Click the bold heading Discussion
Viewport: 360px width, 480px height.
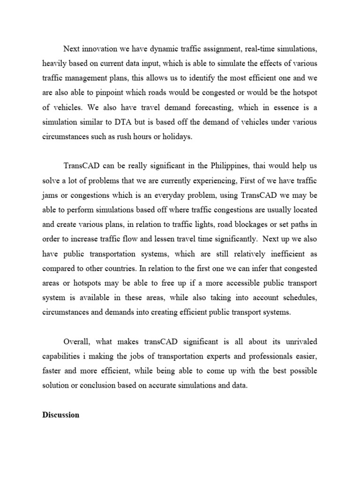[x=60, y=415]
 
